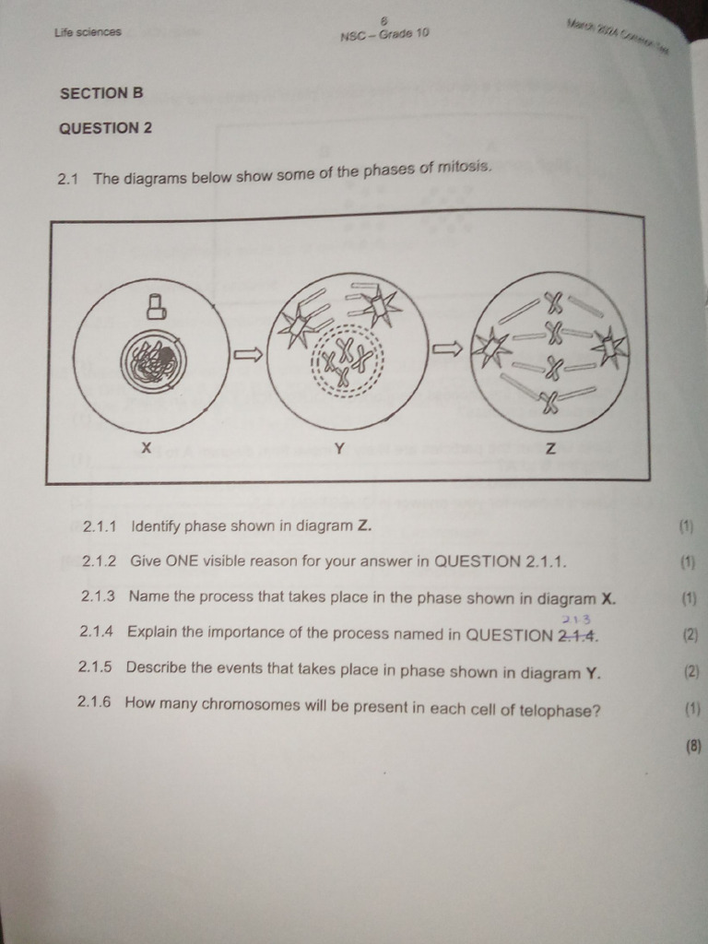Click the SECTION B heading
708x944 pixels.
[x=101, y=93]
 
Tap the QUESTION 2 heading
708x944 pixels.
[x=105, y=128]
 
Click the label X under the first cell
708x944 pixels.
[x=146, y=448]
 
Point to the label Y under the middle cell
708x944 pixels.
[x=339, y=449]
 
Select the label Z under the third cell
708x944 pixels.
[x=550, y=450]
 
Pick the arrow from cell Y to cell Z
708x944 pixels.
[x=447, y=348]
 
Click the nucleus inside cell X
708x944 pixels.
[x=153, y=363]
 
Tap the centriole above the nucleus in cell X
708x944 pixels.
[x=156, y=306]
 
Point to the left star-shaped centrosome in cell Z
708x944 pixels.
[x=491, y=349]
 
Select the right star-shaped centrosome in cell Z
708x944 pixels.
[x=609, y=348]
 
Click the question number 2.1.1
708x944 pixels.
[x=100, y=527]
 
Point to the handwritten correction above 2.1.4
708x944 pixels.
[x=575, y=619]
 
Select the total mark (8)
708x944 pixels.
[x=693, y=747]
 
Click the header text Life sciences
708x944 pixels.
[x=88, y=32]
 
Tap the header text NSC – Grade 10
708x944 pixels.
[x=384, y=35]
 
